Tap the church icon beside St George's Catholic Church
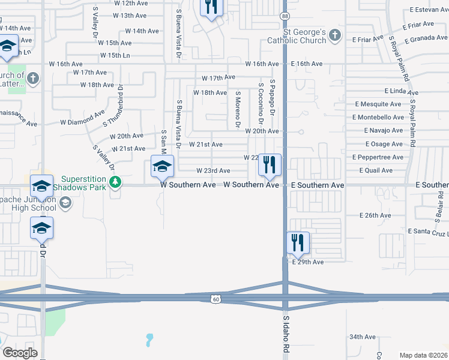[x=335, y=37]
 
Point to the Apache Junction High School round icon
[x=65, y=203]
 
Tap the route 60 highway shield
[x=216, y=298]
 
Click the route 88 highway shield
[x=285, y=16]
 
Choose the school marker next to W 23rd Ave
[x=162, y=167]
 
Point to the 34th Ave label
[x=363, y=337]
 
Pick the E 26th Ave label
[x=375, y=215]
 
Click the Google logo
[x=20, y=352]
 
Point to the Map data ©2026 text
[x=423, y=355]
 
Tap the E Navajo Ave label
[x=384, y=131]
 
